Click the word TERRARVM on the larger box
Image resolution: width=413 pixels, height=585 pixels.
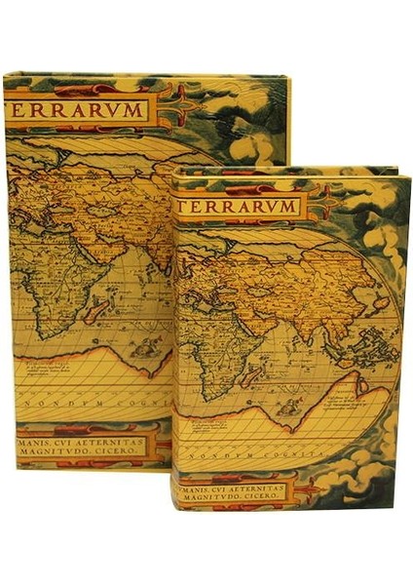[80, 109]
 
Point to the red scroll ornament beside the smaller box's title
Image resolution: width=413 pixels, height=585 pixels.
[327, 206]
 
